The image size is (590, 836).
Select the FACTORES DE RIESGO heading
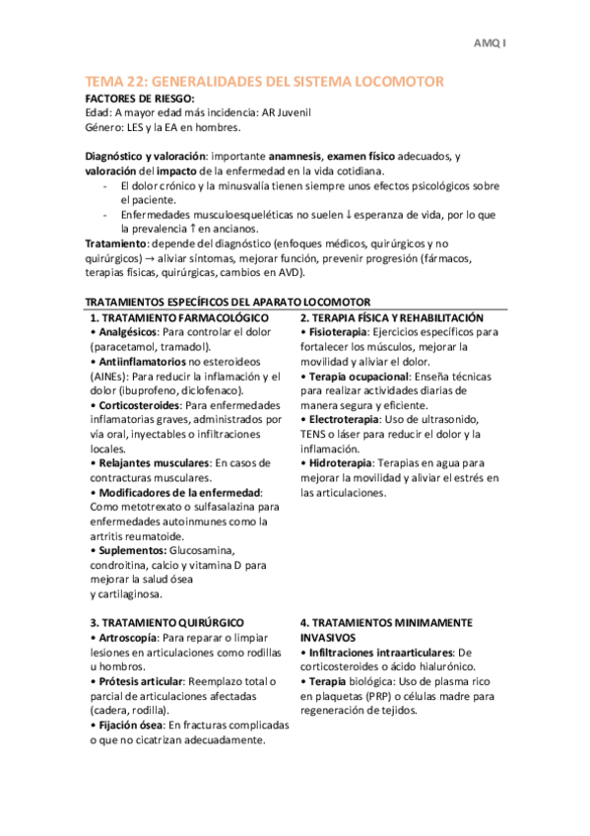click(140, 98)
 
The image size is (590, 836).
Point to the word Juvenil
click(292, 112)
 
